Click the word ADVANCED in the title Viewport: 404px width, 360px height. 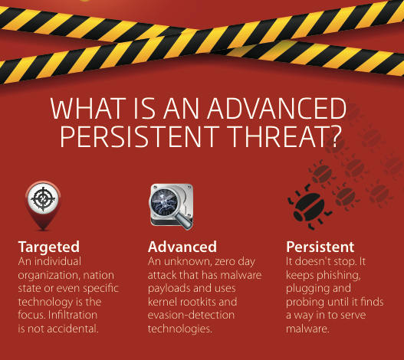coord(277,109)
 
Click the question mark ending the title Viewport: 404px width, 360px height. coord(335,136)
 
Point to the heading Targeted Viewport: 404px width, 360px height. coord(49,247)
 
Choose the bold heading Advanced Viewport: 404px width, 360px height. coord(182,247)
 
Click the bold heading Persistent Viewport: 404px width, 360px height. coord(320,247)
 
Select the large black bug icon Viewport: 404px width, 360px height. coord(310,207)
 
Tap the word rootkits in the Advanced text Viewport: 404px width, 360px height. coord(198,302)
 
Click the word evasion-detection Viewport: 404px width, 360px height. coord(191,315)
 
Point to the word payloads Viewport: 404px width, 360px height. coord(167,289)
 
